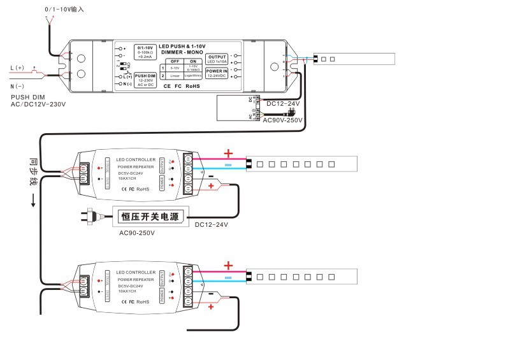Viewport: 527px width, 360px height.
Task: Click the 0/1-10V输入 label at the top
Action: tap(64, 10)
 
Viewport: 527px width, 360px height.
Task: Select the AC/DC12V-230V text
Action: tap(38, 104)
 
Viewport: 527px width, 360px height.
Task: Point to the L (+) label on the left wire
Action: tap(17, 68)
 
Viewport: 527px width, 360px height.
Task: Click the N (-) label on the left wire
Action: tap(17, 85)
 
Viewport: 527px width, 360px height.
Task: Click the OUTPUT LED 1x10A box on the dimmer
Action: tap(217, 59)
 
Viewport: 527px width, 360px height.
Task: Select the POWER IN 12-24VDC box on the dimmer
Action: tap(217, 73)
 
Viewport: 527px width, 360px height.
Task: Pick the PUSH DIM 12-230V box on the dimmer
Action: tap(145, 79)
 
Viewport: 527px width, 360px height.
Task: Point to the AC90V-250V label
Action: tap(282, 120)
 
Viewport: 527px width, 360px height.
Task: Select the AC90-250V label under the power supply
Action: tap(137, 233)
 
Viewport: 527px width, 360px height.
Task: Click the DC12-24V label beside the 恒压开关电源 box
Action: tap(212, 224)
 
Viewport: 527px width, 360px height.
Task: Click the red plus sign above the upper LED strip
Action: tap(229, 153)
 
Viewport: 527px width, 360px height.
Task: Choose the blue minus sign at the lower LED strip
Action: tap(229, 278)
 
